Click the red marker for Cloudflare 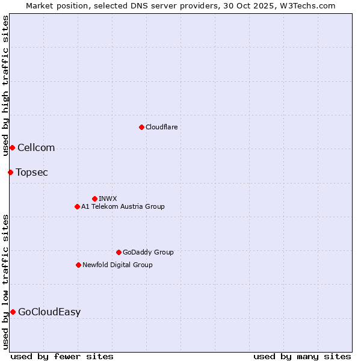click(141, 127)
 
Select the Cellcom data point click(12, 147)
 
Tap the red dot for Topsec click(10, 172)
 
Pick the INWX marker click(94, 199)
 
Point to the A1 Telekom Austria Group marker click(77, 206)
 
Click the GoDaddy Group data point click(119, 252)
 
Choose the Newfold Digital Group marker click(78, 265)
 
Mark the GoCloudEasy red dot click(13, 312)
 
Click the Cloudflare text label click(161, 127)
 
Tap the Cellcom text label click(36, 147)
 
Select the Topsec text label click(32, 172)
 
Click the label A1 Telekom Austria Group click(123, 206)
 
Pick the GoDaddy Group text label click(148, 252)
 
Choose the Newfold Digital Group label click(117, 265)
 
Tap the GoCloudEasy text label click(49, 312)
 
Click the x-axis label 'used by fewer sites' click(62, 356)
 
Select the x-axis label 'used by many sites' click(302, 356)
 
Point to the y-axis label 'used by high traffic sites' click(5, 85)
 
